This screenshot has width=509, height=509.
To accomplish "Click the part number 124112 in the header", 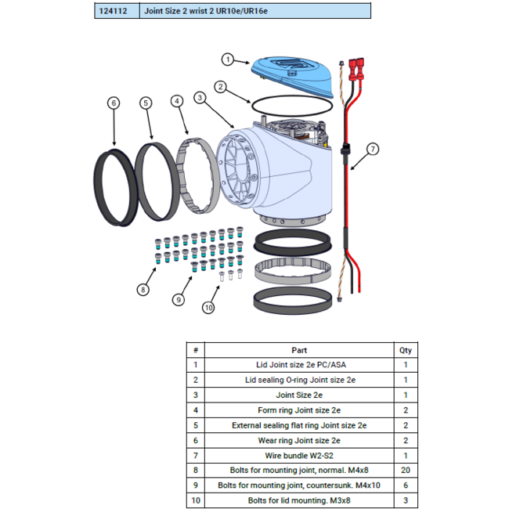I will tap(116, 11).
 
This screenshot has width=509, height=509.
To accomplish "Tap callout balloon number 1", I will tap(228, 59).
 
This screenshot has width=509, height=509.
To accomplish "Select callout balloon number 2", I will tap(222, 86).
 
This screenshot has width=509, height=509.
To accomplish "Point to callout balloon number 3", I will tap(201, 97).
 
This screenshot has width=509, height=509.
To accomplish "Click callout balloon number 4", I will tap(177, 101).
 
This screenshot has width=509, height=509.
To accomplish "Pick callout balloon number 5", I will tap(146, 103).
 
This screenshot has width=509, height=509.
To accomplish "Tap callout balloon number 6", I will tap(114, 103).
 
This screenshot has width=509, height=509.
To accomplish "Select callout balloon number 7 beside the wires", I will tap(373, 149).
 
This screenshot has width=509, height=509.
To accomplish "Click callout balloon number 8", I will tap(143, 290).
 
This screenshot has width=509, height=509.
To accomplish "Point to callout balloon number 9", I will tap(179, 299).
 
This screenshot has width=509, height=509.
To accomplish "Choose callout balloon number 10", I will tap(208, 308).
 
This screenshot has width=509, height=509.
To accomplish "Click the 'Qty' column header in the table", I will tap(406, 350).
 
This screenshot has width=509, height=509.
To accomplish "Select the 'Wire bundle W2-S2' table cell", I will tap(299, 454).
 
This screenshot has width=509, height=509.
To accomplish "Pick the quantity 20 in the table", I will tap(406, 469).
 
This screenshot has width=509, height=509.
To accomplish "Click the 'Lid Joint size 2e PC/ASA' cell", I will tap(299, 364).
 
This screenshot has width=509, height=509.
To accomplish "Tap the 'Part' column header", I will tap(299, 350).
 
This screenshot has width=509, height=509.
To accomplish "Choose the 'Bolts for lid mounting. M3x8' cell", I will tap(299, 499).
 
